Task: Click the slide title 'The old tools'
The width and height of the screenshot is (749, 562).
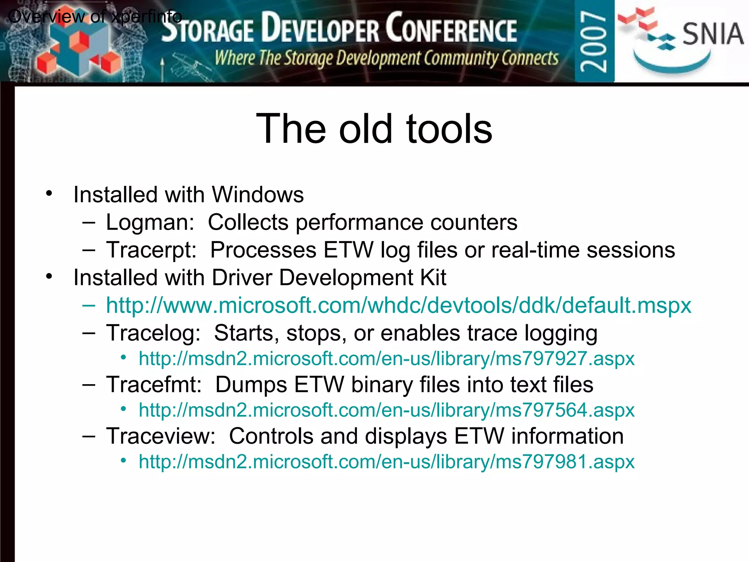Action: pyautogui.click(x=374, y=129)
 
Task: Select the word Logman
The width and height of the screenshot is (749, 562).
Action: pyautogui.click(x=149, y=222)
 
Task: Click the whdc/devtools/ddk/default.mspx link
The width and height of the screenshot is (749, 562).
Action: pyautogui.click(x=399, y=305)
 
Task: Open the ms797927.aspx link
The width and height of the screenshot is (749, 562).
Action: pyautogui.click(x=387, y=359)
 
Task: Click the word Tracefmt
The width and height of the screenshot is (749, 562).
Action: pyautogui.click(x=154, y=385)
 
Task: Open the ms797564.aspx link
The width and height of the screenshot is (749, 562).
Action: pyautogui.click(x=387, y=410)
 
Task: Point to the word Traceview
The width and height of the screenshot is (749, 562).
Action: pyautogui.click(x=161, y=437)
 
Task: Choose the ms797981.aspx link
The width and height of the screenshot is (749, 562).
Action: pyautogui.click(x=387, y=462)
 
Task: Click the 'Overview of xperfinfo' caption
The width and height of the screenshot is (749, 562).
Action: pyautogui.click(x=94, y=17)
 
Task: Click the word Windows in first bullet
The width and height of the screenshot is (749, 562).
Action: pyautogui.click(x=258, y=195)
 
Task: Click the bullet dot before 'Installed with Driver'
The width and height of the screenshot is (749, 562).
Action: pyautogui.click(x=49, y=277)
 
